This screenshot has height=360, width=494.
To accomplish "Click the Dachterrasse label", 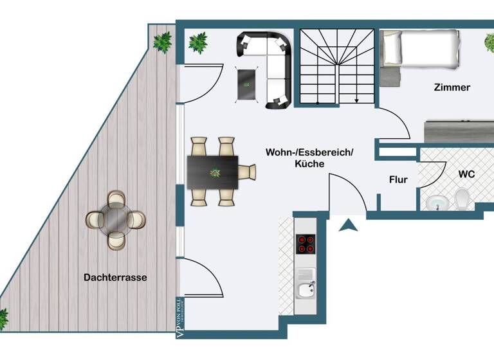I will [x=115, y=278].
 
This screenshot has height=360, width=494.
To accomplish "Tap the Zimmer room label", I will [x=452, y=87].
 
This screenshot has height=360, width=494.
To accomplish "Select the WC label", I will [x=466, y=174].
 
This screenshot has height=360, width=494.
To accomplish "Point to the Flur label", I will [x=398, y=180].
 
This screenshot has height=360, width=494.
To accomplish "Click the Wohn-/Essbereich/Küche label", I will [x=309, y=158].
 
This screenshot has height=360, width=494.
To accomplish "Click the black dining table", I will [x=213, y=172].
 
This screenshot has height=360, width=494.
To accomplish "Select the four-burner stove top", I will [x=306, y=244].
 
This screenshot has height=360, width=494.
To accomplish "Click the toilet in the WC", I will [x=462, y=199].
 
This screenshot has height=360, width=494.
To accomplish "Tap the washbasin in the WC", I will [x=438, y=203].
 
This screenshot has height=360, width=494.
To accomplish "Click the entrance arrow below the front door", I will [x=348, y=225].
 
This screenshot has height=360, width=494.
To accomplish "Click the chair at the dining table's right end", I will [x=247, y=172].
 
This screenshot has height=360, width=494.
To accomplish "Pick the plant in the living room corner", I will [x=198, y=43].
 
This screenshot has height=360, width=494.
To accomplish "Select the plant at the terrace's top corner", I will [x=162, y=42].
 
